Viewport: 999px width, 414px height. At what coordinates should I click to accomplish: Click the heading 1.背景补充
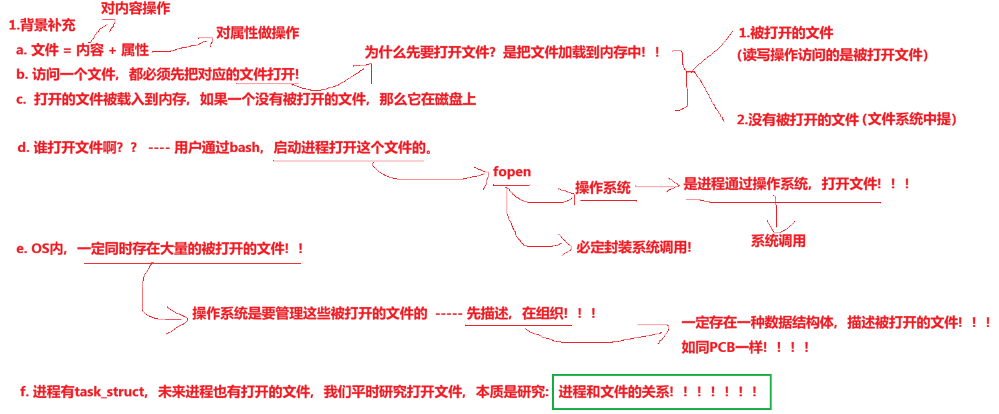coord(42,26)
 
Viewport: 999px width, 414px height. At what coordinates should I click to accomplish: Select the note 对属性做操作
coord(257,33)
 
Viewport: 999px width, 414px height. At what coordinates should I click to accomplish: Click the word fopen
coord(512,172)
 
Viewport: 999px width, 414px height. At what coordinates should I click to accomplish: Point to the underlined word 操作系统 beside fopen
coord(603,188)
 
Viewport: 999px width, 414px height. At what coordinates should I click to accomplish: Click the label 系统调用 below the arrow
coord(778,241)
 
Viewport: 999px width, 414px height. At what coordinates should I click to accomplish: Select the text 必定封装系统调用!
coord(634,247)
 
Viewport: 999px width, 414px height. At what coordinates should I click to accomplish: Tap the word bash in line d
coord(244,148)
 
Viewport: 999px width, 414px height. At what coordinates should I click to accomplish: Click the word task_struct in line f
coord(112,392)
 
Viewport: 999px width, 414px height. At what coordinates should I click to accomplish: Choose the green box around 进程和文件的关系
coord(661,392)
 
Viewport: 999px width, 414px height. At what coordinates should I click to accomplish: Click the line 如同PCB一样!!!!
coord(746,347)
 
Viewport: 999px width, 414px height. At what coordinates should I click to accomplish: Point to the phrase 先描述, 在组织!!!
coord(531,314)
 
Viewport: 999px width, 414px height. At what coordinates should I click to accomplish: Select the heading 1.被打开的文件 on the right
coord(786,33)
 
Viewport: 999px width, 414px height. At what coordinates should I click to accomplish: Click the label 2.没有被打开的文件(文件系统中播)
coord(847,119)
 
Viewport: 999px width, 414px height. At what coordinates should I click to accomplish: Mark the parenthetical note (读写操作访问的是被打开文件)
coord(833,55)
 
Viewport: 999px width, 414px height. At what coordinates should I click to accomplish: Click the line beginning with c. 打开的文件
coord(246,100)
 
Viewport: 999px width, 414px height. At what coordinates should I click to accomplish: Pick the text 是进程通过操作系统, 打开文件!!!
coord(796,184)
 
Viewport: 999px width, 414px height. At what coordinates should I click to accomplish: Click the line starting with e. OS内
coord(159,249)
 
